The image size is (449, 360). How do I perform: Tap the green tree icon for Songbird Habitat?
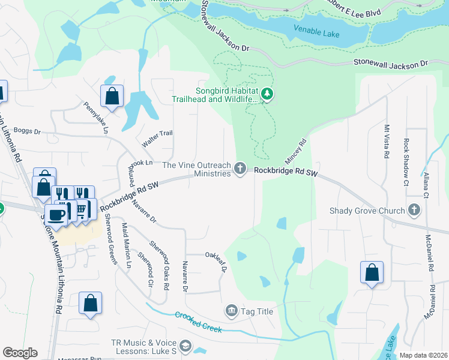click(267, 94)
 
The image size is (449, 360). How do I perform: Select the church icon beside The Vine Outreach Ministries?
click(241, 169)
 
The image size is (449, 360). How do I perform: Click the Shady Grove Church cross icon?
click(414, 211)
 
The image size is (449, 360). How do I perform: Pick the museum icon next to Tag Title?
click(231, 311)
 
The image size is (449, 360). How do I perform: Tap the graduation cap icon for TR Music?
click(185, 346)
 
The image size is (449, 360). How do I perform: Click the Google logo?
click(20, 353)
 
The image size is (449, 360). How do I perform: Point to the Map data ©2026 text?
click(423, 355)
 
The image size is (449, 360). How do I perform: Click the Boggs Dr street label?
click(27, 131)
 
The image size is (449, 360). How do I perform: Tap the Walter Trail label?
click(157, 140)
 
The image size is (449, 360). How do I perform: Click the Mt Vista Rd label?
click(387, 142)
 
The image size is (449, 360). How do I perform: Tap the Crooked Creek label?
click(199, 322)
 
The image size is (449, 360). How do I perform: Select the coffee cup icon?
click(57, 215)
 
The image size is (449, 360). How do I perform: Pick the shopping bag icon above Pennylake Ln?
click(112, 95)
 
